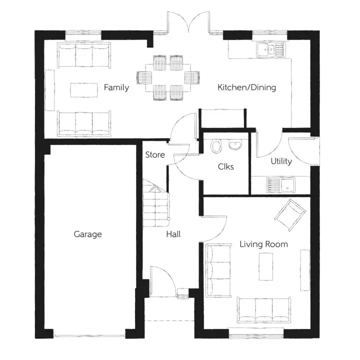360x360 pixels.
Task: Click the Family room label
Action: tap(116, 87)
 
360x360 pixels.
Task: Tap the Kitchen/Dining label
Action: tap(246, 87)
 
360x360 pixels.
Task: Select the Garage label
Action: tap(87, 234)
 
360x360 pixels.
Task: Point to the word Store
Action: tap(155, 154)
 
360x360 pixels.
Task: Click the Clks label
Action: tap(226, 166)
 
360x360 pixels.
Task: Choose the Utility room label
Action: tap(281, 161)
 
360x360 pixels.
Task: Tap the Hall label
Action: tap(173, 234)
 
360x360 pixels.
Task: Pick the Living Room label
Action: tap(264, 244)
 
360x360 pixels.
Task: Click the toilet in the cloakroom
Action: tap(216, 145)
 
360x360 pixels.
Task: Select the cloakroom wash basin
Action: tap(235, 144)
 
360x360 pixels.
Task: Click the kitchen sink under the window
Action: tap(270, 49)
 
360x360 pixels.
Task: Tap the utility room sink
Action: tap(281, 185)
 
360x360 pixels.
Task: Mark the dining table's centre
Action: tap(168, 77)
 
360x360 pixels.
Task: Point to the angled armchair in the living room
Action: tap(290, 214)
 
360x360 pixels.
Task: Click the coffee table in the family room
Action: tap(84, 90)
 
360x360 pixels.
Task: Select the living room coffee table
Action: tap(266, 266)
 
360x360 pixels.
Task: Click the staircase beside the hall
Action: tap(156, 202)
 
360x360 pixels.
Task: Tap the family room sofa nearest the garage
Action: tap(84, 124)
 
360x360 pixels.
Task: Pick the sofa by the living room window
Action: tap(264, 310)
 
